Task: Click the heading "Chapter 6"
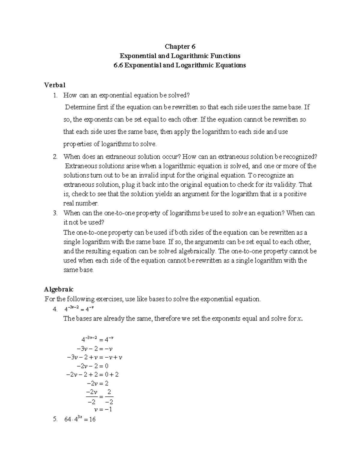[180, 47]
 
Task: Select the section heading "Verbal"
[55, 85]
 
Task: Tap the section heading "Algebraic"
[59, 289]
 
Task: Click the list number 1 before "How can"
[55, 95]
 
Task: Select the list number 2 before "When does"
[55, 157]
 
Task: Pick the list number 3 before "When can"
[55, 213]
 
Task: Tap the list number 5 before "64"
[55, 419]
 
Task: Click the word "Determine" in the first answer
[79, 107]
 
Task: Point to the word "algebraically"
[197, 251]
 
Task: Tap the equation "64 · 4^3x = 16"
[80, 419]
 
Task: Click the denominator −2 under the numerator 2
[109, 402]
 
